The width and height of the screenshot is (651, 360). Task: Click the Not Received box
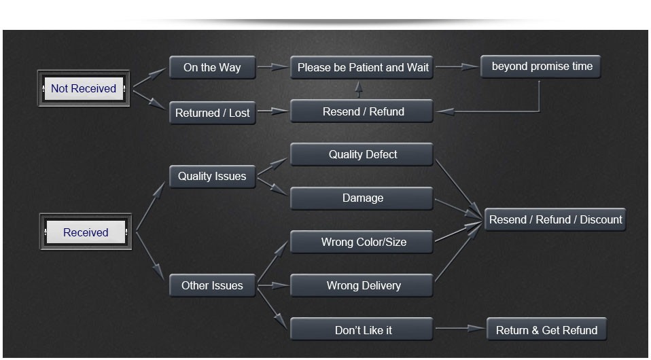click(84, 88)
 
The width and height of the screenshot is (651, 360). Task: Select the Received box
click(86, 232)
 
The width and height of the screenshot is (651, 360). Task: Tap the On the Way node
click(212, 67)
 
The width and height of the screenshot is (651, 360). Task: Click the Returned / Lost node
click(212, 113)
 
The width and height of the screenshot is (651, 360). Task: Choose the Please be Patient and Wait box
click(362, 67)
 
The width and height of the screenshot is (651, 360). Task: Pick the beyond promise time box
click(542, 67)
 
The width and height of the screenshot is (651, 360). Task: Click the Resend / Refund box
click(362, 111)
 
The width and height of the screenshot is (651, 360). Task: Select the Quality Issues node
click(212, 177)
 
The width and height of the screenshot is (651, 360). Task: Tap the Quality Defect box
click(362, 154)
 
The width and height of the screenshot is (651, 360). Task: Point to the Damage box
click(362, 198)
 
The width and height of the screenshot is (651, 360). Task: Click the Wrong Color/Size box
click(362, 242)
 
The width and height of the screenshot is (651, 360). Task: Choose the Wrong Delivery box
click(362, 286)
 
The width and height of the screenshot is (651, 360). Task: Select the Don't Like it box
click(362, 330)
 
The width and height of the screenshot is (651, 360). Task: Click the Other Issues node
click(212, 286)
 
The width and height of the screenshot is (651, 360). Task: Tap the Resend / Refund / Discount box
click(555, 219)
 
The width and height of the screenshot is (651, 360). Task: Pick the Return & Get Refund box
click(546, 330)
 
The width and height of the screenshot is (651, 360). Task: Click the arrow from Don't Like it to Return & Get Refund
click(460, 329)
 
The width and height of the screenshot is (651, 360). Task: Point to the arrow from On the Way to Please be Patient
click(273, 67)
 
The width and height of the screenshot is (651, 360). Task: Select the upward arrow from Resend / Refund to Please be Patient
click(359, 89)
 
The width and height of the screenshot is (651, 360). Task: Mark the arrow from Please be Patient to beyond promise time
click(457, 67)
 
